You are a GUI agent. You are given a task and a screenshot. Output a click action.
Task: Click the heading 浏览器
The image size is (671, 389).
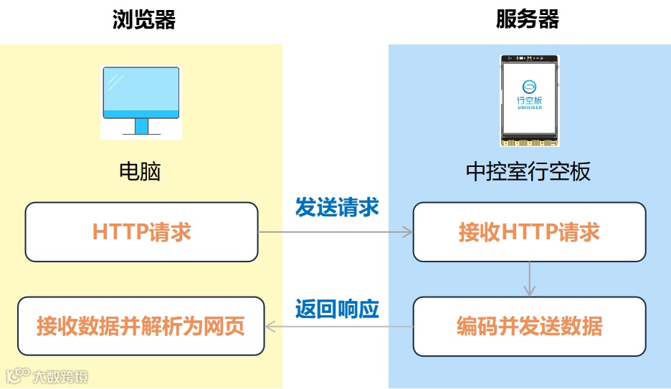pos(144,19)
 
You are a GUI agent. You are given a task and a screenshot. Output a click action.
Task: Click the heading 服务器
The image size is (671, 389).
pos(528,19)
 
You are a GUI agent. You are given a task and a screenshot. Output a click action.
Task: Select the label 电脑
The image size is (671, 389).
pos(141,171)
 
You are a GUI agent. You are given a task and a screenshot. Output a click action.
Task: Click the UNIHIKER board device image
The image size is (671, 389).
pos(530,100)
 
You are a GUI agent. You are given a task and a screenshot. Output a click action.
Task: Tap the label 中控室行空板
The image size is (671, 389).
pos(528,172)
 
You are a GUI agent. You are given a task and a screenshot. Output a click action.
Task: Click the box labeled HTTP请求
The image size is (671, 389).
pos(141,232)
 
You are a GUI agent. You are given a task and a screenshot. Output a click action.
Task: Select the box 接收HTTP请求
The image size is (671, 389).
pos(529,232)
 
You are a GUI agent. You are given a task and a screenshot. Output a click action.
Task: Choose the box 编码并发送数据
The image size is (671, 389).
pos(529,327)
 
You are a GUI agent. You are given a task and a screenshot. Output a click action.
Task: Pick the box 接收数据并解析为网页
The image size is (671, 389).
pos(141,327)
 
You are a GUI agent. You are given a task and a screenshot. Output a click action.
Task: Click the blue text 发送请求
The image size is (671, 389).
pos(337,207)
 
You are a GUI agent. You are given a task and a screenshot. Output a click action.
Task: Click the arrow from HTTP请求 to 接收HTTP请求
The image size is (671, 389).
pos(335,232)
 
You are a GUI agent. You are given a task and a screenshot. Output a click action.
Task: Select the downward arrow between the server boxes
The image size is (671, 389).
pos(529,279)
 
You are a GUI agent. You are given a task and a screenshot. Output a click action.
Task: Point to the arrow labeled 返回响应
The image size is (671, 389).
pos(338,327)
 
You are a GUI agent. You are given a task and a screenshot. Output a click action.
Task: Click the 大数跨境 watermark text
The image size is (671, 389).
pos(61,376)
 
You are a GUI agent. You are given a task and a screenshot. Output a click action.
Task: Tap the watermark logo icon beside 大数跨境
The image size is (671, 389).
pos(18,375)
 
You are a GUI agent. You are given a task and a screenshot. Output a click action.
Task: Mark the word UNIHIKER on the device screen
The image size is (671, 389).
pos(530,107)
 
